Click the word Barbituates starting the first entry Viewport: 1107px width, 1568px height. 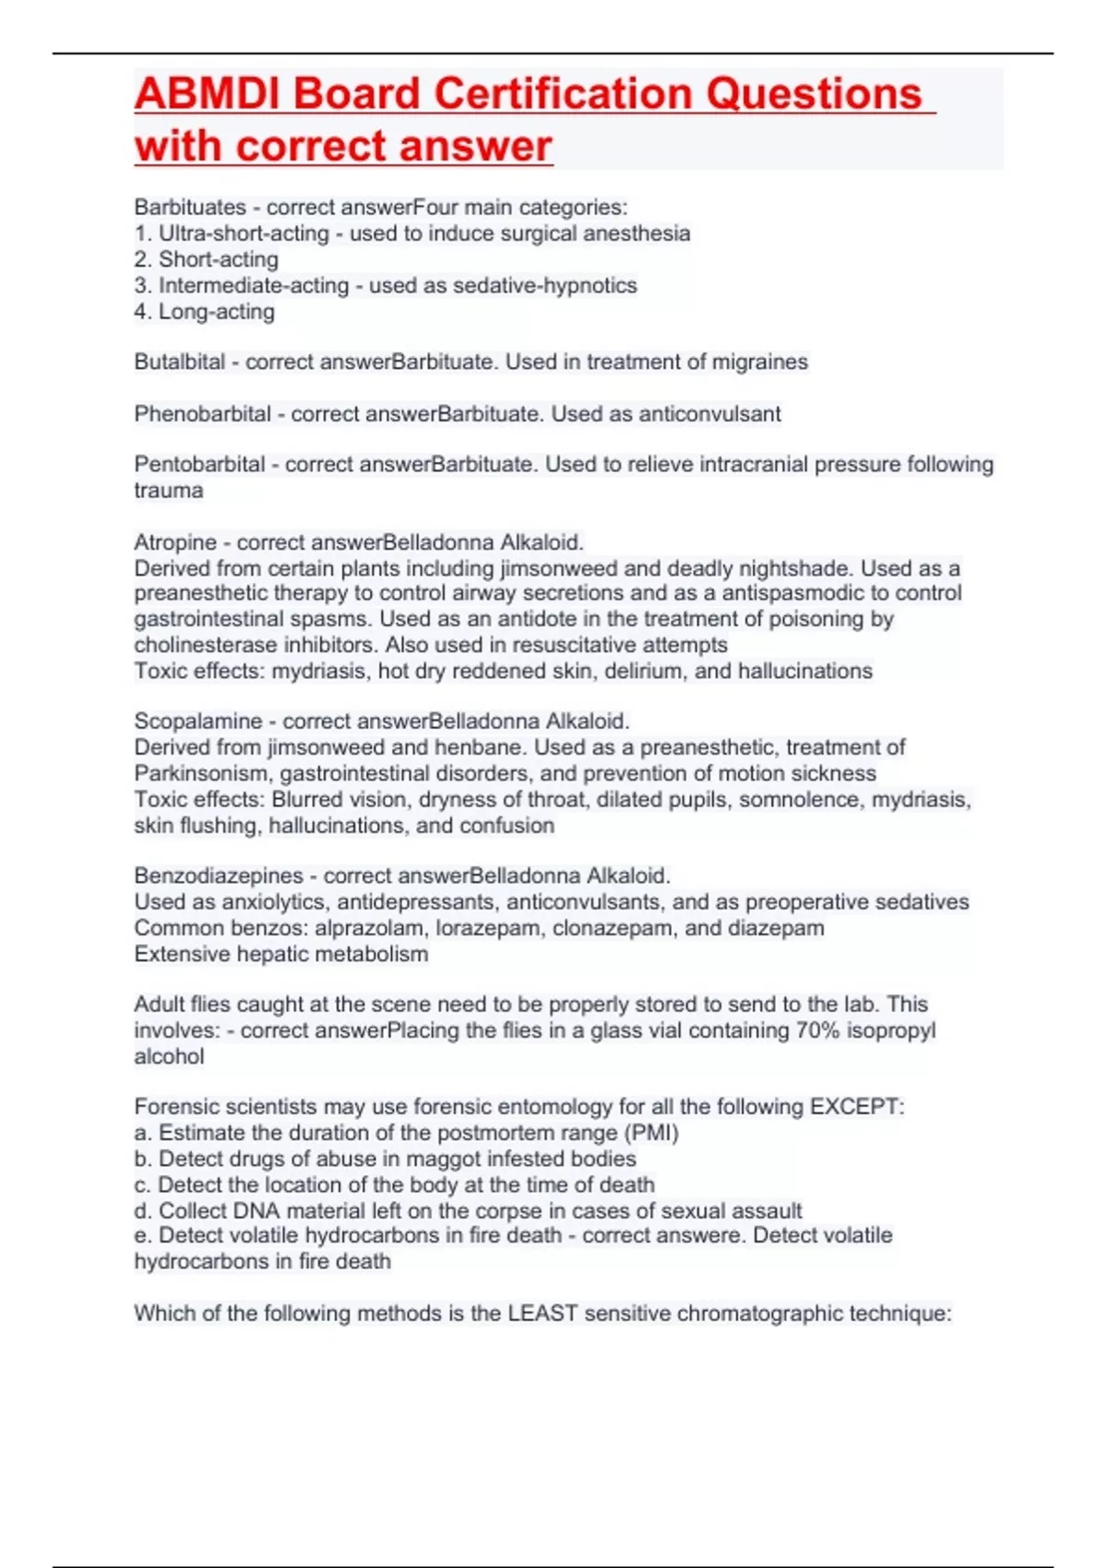190,208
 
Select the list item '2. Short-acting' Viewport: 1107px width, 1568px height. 206,260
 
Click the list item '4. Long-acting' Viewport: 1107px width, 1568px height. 204,312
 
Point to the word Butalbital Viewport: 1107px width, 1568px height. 179,362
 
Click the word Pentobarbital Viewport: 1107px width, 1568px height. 199,465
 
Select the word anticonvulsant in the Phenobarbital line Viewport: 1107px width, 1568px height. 709,414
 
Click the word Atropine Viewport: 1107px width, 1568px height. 175,542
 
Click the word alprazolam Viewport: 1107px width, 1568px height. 371,928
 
